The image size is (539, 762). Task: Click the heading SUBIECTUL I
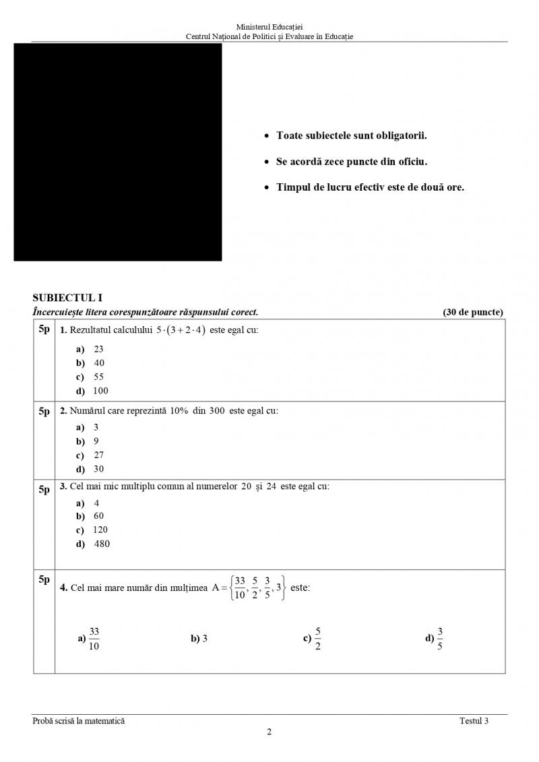(x=67, y=298)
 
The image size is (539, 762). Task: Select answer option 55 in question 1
(x=98, y=377)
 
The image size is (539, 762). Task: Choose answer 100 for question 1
(x=100, y=391)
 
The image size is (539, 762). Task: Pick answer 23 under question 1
(x=98, y=349)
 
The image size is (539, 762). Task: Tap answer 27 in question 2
(x=98, y=455)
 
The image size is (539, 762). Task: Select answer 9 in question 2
(x=96, y=441)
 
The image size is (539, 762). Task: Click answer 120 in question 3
(x=100, y=530)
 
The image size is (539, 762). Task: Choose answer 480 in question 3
(x=102, y=544)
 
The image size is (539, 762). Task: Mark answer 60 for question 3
(x=98, y=516)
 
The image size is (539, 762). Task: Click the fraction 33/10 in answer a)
(x=94, y=639)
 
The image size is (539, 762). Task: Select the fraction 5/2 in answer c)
(x=317, y=639)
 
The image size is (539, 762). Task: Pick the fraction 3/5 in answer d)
(x=440, y=639)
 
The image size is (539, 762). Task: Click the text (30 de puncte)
(x=473, y=312)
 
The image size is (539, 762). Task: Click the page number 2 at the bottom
(x=269, y=733)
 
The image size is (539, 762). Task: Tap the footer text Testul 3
(x=474, y=721)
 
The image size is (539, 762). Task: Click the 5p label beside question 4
(x=44, y=579)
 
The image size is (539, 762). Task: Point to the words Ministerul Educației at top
(x=269, y=26)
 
